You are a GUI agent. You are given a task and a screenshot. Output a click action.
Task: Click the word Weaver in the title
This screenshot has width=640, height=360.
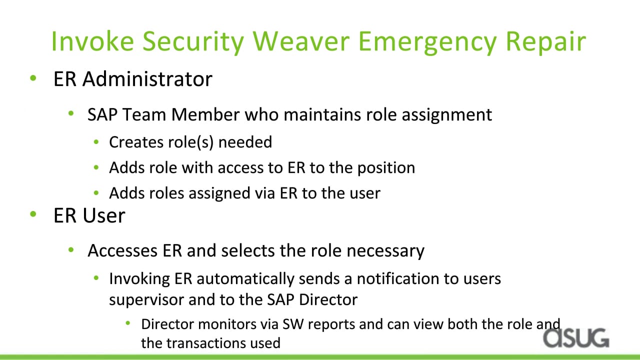tap(301, 41)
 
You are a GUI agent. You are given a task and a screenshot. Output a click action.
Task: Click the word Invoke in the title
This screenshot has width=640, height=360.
tap(92, 41)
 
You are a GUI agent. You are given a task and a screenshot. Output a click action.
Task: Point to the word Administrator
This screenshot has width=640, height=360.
tap(147, 79)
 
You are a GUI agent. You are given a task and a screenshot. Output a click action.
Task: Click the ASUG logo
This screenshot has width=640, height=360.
tap(576, 338)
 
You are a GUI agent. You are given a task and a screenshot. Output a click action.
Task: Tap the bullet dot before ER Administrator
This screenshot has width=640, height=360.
tap(33, 77)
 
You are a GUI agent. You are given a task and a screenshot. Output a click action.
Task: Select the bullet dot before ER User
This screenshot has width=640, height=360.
tap(33, 213)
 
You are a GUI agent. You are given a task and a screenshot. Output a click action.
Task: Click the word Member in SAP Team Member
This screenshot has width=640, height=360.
tap(205, 115)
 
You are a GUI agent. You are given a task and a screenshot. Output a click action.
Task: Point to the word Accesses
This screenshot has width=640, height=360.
tap(122, 251)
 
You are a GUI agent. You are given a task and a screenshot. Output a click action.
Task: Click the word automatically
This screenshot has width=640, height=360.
tap(245, 279)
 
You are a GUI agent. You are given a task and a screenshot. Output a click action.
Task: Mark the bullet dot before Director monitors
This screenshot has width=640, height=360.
tap(127, 323)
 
